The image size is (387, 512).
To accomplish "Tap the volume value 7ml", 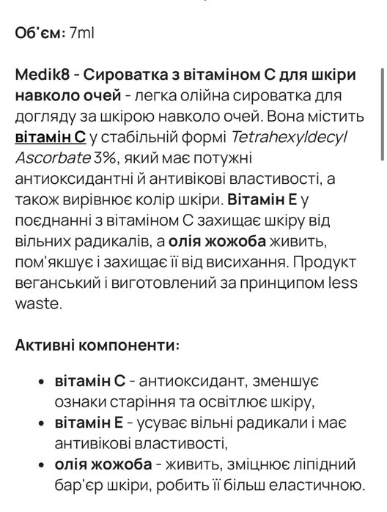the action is pos(82,33).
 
